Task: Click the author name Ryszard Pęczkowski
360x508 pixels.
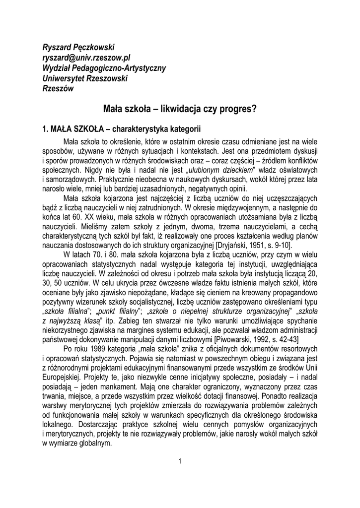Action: click(78, 47)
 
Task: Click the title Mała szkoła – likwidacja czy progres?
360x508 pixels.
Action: click(180, 108)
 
